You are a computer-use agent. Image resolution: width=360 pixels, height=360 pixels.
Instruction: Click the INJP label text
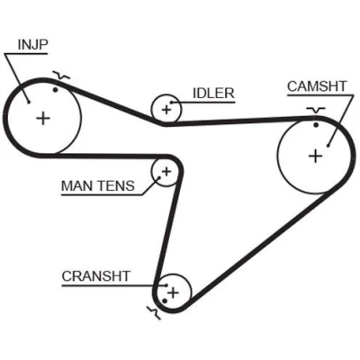tap(32, 45)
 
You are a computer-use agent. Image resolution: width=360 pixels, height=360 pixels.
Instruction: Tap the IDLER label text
tap(213, 94)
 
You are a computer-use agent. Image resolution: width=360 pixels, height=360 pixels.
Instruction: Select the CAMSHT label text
tap(317, 86)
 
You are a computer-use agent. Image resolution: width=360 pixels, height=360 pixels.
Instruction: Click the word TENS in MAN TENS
tap(115, 186)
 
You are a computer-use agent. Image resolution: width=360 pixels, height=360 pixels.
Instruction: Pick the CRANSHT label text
tap(95, 276)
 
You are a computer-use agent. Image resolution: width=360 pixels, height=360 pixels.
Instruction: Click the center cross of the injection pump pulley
tap(43, 118)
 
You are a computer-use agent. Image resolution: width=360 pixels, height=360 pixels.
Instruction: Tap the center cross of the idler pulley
tap(166, 110)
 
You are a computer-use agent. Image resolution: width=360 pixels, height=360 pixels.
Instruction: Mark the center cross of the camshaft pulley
tap(316, 156)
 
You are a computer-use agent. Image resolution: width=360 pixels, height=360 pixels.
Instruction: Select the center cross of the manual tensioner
tap(166, 172)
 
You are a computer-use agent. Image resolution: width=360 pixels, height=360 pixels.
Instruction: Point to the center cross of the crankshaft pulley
tap(173, 292)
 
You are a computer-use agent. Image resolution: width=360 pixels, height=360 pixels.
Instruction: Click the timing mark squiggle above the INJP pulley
tap(61, 76)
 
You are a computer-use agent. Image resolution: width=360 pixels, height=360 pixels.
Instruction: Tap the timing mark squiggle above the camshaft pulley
tap(316, 110)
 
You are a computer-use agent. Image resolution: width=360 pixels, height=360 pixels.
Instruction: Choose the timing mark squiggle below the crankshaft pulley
tap(154, 312)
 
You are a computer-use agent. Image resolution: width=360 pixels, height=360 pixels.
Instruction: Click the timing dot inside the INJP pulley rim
tap(55, 89)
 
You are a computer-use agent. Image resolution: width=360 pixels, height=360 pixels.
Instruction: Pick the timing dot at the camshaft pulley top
tap(316, 124)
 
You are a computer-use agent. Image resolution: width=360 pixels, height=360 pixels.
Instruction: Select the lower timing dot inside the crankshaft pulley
tap(165, 301)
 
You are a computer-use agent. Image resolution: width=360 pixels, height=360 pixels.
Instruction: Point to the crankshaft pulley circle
tap(191, 292)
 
